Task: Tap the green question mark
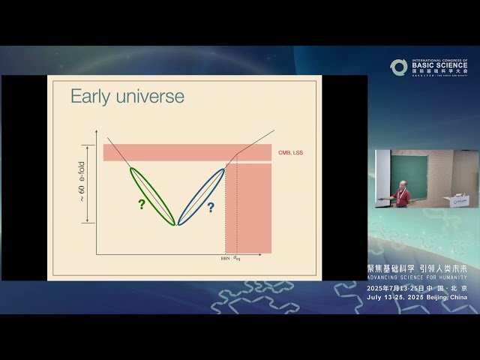[140, 204]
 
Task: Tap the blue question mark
[211, 208]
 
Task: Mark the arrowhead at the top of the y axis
[97, 132]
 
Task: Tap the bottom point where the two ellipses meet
[176, 224]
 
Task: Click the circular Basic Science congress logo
[398, 67]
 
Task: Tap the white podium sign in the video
[457, 200]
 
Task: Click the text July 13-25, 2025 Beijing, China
[417, 297]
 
